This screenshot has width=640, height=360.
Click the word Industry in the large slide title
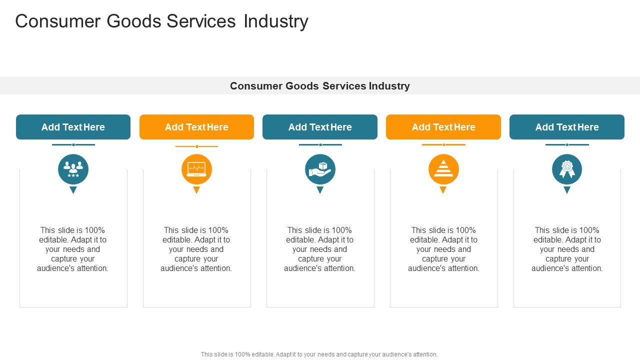(x=275, y=21)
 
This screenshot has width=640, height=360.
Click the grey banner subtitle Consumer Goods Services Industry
(x=319, y=85)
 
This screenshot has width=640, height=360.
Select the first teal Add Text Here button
(x=73, y=127)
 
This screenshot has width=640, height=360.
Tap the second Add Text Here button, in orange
(x=196, y=127)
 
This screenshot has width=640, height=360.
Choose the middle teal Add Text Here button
(x=320, y=127)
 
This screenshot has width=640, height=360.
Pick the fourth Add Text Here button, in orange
(x=443, y=127)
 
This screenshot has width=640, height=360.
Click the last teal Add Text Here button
(x=567, y=127)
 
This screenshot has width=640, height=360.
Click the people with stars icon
(x=73, y=169)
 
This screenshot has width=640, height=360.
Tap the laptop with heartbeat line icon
(x=196, y=169)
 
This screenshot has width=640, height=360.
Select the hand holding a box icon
(x=320, y=169)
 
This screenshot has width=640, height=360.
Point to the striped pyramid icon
(x=443, y=168)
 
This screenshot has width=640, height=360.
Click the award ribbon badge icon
(x=567, y=169)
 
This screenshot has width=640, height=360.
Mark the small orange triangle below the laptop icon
(x=196, y=189)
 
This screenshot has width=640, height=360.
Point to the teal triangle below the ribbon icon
(x=567, y=189)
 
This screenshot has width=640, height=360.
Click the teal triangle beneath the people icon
(x=73, y=189)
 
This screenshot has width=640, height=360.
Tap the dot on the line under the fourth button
(x=443, y=145)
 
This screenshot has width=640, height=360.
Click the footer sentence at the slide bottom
(x=319, y=354)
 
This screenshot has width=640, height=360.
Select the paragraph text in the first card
(x=73, y=249)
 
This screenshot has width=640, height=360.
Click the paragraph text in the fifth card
(x=567, y=249)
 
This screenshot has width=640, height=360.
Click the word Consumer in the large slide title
(x=57, y=21)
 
